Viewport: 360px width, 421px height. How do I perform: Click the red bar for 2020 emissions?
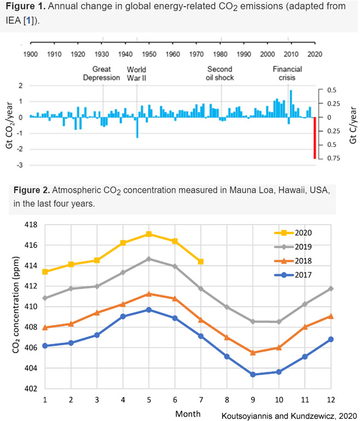(x=315, y=138)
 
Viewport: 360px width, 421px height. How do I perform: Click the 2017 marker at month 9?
(x=253, y=374)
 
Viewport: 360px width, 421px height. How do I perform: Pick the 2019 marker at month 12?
(x=330, y=289)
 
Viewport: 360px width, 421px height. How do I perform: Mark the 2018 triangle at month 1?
(x=45, y=327)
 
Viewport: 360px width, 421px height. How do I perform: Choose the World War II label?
(x=136, y=73)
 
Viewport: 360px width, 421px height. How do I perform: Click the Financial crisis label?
(x=288, y=73)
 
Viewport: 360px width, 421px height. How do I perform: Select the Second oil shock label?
(x=220, y=73)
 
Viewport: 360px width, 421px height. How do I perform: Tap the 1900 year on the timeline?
(x=30, y=54)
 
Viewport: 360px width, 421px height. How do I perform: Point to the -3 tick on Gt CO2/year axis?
(x=21, y=165)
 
